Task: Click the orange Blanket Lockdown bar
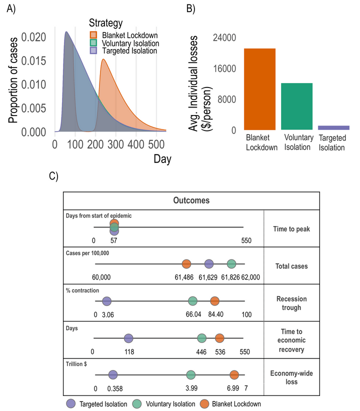click(259, 89)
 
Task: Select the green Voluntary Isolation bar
click(296, 106)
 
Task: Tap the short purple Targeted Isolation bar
click(333, 127)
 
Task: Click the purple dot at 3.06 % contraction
click(106, 301)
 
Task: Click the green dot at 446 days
click(202, 338)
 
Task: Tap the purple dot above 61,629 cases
click(209, 263)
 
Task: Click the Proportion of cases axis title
click(13, 83)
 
